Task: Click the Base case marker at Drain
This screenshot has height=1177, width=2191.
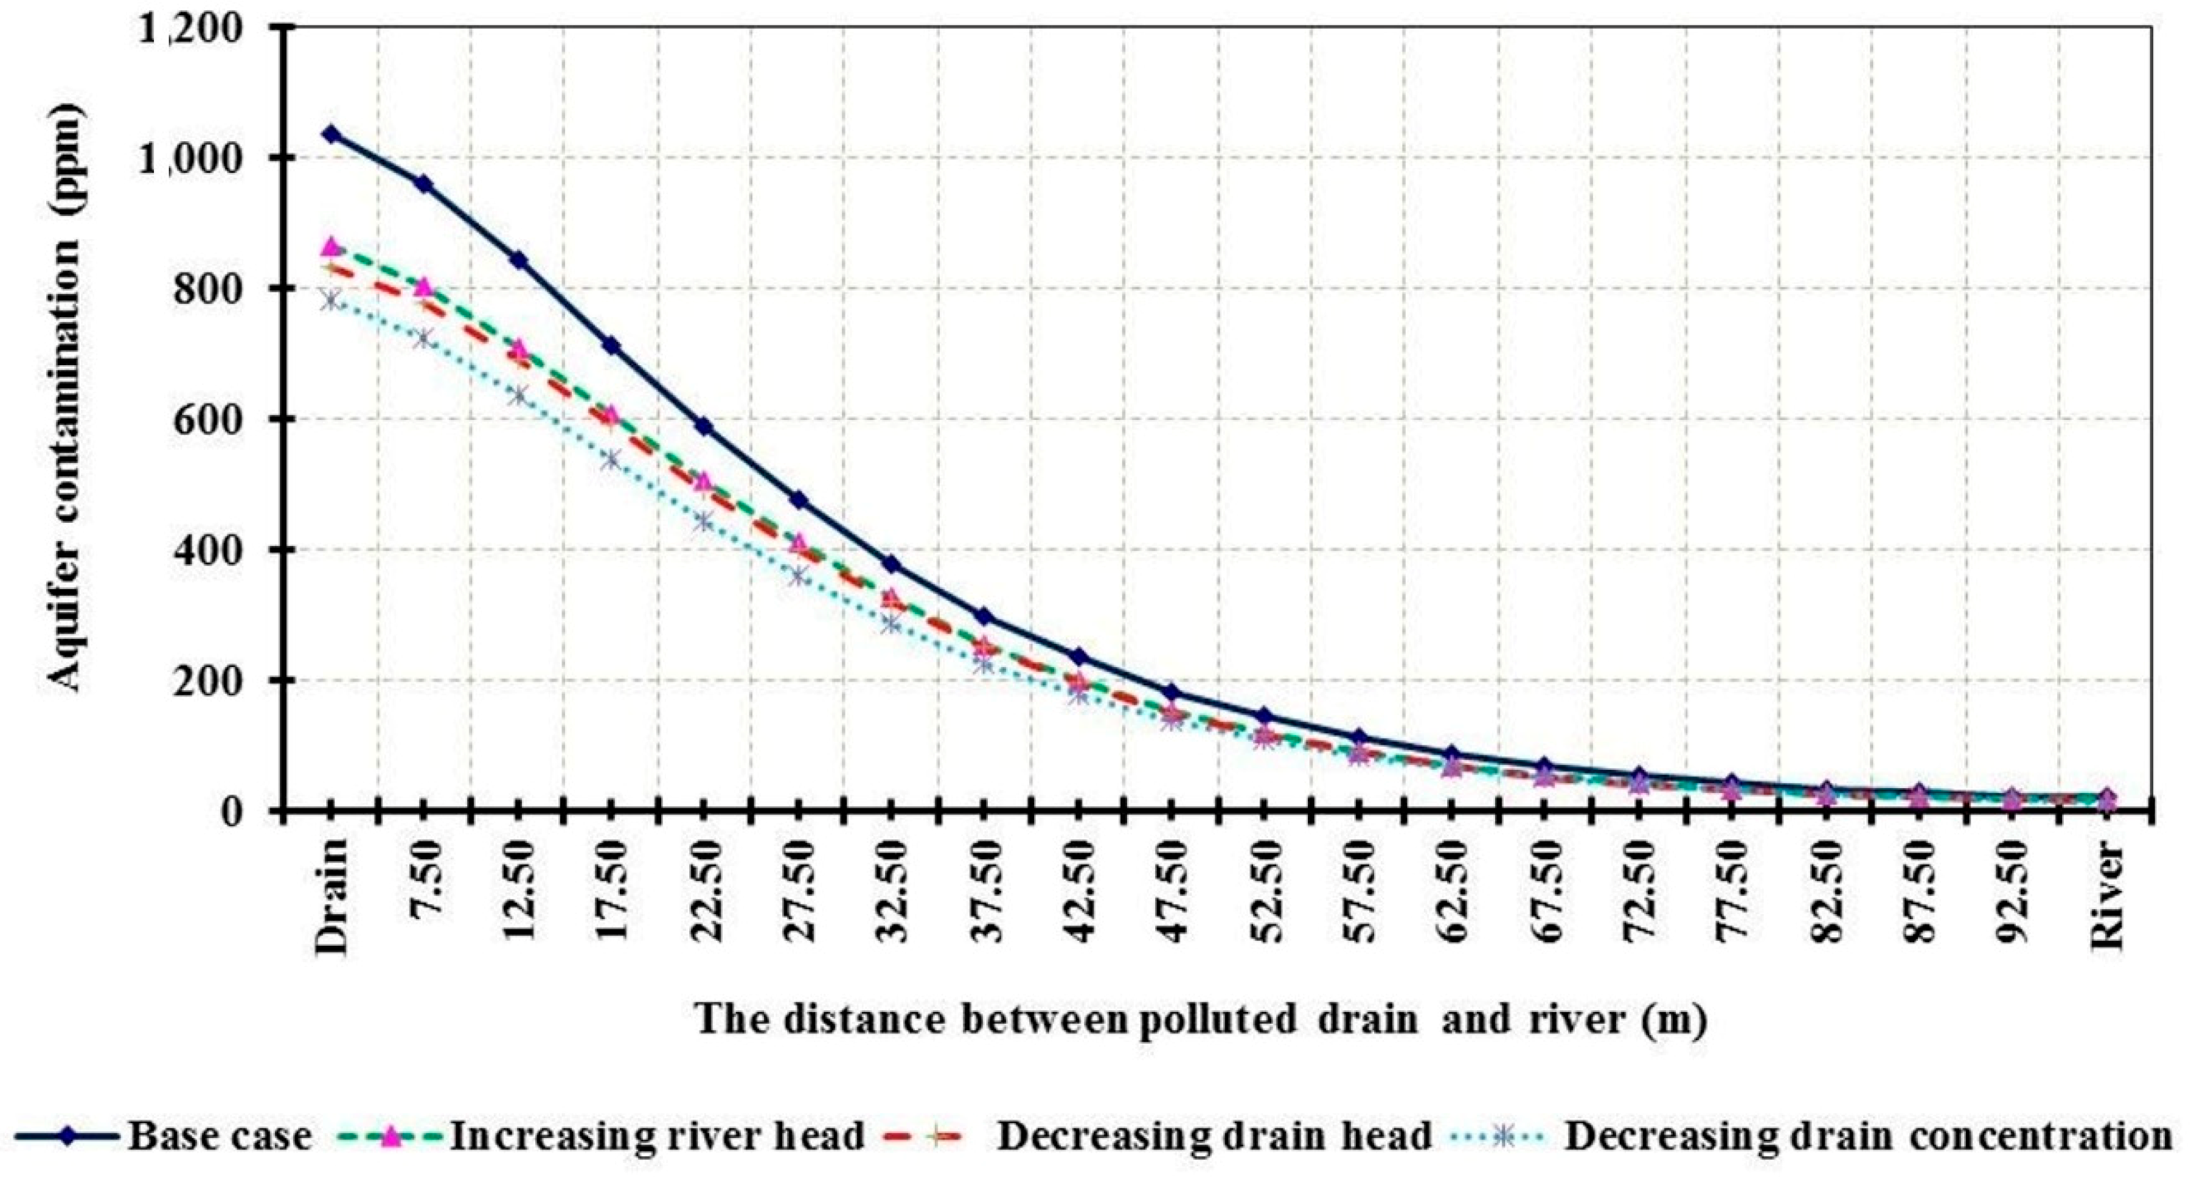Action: tap(331, 134)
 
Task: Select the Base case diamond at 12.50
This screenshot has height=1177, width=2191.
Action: tap(519, 260)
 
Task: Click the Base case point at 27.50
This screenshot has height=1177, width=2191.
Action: tap(799, 500)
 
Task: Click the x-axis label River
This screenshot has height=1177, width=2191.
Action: tap(2108, 893)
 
